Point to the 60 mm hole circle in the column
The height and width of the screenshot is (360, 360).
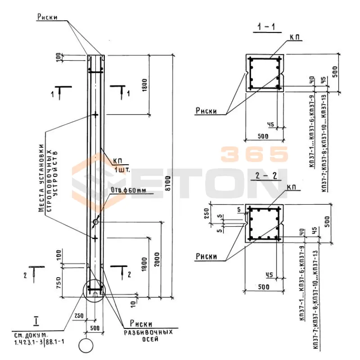95,221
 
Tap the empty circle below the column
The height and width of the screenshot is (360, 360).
85,346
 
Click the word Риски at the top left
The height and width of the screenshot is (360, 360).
47,17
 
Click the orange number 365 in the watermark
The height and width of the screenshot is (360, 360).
254,154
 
